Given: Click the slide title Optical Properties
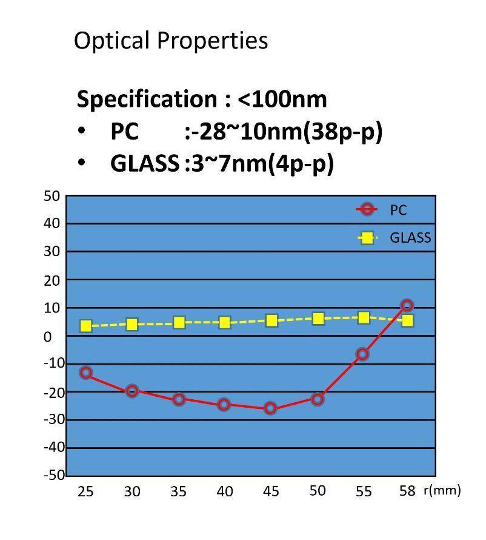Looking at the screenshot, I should (x=170, y=41).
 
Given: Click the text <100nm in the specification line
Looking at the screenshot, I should (x=282, y=98).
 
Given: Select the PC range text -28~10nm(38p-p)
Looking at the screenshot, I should (x=287, y=131).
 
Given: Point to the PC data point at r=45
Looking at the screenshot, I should (x=270, y=408).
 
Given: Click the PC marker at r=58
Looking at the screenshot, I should (x=407, y=305).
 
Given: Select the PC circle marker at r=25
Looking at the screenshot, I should (x=86, y=373).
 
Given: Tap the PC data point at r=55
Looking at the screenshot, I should (x=362, y=354).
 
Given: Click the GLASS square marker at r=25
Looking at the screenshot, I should (x=86, y=326).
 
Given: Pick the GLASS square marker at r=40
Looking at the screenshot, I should (x=224, y=322).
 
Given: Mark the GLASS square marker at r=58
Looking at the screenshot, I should (x=407, y=320).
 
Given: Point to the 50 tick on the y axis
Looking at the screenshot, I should (x=52, y=195).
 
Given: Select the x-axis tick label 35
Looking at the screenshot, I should (x=178, y=491).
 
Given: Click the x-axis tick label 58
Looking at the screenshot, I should (x=407, y=491).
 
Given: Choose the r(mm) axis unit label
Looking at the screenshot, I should (x=442, y=490).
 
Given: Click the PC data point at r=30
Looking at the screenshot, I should (x=132, y=391).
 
